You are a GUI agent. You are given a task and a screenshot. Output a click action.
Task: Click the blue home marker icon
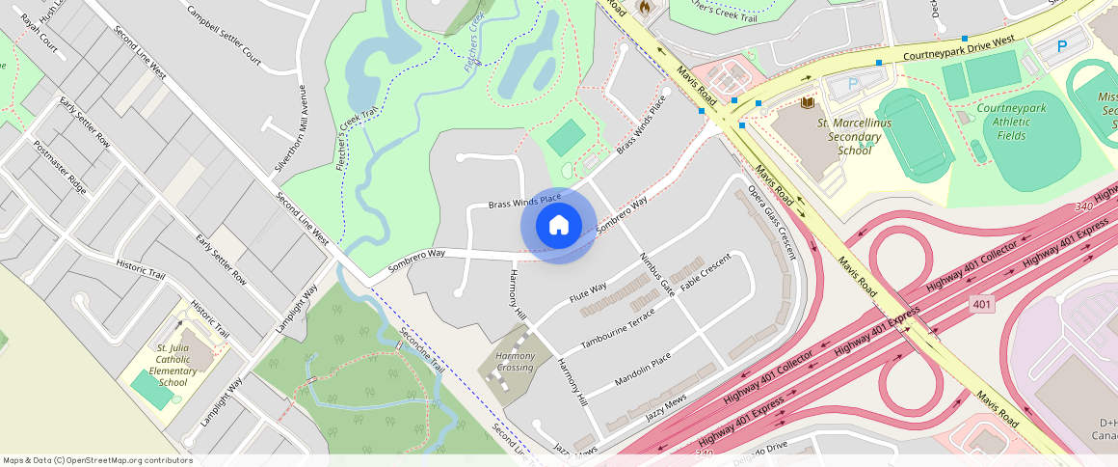(558, 226)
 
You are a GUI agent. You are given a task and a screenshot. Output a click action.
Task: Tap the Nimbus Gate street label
(656, 274)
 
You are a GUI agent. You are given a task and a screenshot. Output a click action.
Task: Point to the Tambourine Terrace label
(618, 329)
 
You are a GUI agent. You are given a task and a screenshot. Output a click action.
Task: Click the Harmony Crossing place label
(515, 362)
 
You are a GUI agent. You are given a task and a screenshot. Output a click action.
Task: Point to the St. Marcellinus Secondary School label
(854, 137)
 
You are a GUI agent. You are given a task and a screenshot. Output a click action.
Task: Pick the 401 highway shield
(981, 304)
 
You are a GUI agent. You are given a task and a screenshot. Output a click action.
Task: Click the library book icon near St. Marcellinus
(808, 102)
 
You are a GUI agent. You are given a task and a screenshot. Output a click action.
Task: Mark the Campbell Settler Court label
(225, 37)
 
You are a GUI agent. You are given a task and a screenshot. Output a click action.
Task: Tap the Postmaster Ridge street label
(60, 167)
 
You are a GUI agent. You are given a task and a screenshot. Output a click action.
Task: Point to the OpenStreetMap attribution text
(97, 460)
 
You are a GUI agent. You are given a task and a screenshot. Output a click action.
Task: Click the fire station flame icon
(644, 7)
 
